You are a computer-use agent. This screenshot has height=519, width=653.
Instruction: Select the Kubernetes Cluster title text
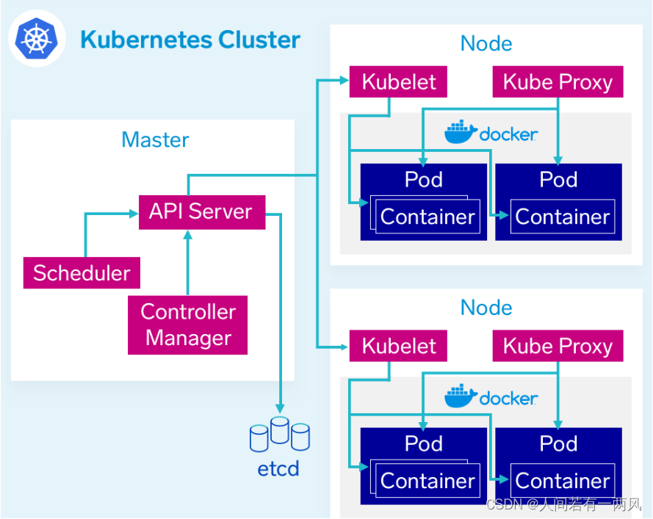(190, 40)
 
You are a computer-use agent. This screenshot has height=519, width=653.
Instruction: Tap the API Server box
(201, 211)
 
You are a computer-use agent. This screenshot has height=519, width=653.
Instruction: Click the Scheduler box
(82, 273)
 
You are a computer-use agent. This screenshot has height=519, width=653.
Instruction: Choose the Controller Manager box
(188, 325)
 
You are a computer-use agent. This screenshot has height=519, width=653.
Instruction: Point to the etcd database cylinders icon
(279, 434)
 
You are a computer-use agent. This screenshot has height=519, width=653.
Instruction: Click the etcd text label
(278, 468)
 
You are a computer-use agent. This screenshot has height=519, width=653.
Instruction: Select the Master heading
(155, 139)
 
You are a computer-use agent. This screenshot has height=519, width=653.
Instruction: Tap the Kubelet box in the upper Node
(399, 82)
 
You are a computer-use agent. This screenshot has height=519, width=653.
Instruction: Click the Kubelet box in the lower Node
(399, 346)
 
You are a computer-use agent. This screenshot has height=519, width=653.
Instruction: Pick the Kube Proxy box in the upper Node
(558, 82)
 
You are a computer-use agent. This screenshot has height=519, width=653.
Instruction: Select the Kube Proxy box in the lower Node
(558, 346)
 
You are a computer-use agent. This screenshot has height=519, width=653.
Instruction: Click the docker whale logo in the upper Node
(461, 133)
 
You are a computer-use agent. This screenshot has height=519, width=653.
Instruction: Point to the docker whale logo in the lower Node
(461, 397)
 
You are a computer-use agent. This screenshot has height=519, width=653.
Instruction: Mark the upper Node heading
(486, 43)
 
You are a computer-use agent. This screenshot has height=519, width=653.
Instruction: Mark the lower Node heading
(486, 308)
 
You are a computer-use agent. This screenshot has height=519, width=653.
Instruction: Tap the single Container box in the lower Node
(562, 481)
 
